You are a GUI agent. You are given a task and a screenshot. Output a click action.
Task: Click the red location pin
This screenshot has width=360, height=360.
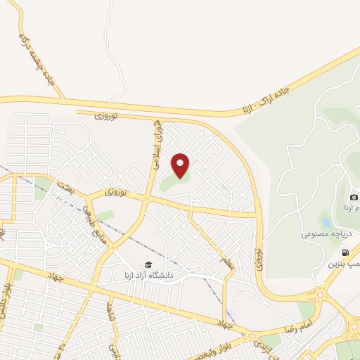pyautogui.click(x=181, y=165)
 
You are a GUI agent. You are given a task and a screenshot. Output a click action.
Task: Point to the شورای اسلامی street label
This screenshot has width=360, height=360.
pyautogui.click(x=160, y=144)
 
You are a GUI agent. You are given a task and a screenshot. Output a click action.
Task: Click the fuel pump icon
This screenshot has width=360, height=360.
pyautogui.click(x=345, y=252)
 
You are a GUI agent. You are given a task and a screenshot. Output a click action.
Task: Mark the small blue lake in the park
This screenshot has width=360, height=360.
pyautogui.click(x=325, y=219)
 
